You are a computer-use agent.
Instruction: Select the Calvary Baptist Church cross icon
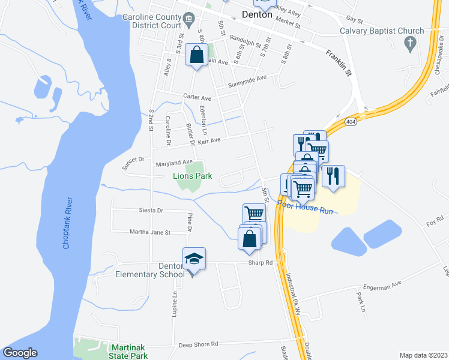(411, 43)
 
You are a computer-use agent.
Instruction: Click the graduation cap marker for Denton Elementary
(194, 259)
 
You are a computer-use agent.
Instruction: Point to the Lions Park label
(192, 176)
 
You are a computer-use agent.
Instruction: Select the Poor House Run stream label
(305, 207)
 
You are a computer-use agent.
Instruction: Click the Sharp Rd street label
(261, 263)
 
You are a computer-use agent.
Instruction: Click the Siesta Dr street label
(151, 211)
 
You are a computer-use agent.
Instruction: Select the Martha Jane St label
(151, 232)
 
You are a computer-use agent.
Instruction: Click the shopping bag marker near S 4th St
(196, 55)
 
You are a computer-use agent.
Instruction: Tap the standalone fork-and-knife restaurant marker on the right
(333, 176)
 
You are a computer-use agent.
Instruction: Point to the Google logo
(20, 353)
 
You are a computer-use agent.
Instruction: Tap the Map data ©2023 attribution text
(424, 355)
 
